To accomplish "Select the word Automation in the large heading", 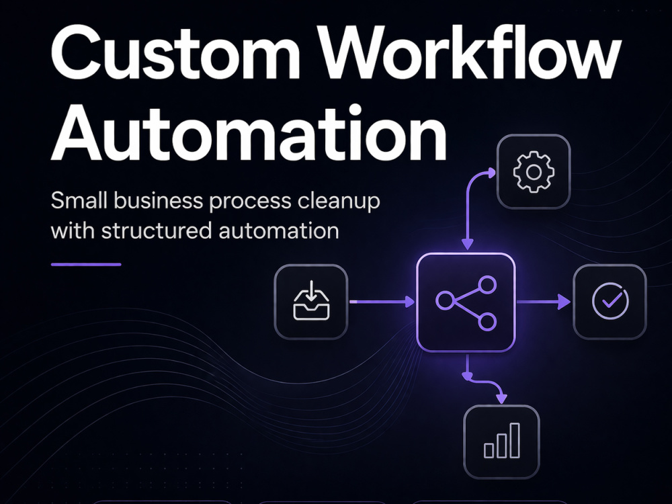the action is coord(249,133).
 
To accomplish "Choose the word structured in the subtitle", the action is coord(157,230).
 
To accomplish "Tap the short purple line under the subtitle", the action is coord(86,264).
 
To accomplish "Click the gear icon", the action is coord(534,171).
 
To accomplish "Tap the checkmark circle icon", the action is coord(610,301).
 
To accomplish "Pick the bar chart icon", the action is coord(502,441).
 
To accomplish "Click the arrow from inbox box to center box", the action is coord(382,302).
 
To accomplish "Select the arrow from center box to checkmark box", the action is coord(544,302).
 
